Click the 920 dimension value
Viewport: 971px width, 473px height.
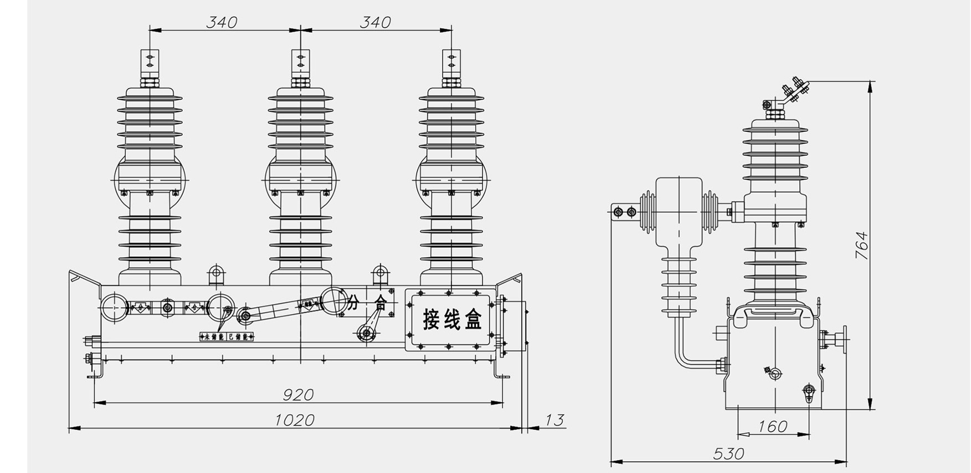point(298,394)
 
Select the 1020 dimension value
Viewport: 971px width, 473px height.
point(295,420)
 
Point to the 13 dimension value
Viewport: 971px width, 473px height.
point(554,420)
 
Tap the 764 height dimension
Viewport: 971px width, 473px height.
point(862,245)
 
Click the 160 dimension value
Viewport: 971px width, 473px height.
point(772,426)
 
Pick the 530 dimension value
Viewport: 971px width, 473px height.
point(728,454)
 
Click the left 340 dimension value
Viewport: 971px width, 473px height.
point(222,22)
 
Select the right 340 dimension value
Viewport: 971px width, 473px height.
point(375,22)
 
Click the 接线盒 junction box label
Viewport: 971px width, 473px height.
point(452,320)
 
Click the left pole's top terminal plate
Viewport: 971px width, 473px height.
point(149,63)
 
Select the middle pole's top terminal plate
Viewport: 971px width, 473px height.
point(300,63)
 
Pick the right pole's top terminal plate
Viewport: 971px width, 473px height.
point(451,63)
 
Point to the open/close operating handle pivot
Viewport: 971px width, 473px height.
point(366,333)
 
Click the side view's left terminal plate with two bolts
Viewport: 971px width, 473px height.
point(625,212)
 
